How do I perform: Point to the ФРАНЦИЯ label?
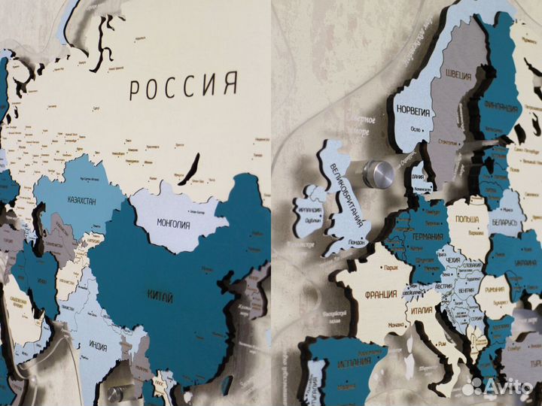coord(382,295)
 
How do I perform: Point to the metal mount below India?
coord(114,392)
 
